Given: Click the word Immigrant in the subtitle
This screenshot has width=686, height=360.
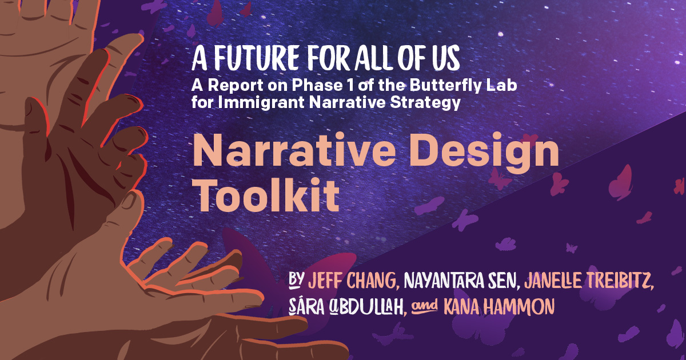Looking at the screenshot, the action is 261,103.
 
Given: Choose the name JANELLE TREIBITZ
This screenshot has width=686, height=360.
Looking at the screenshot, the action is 589,281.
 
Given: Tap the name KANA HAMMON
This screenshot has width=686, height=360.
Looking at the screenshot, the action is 499,307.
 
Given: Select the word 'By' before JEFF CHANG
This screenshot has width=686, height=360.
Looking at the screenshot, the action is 296,280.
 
